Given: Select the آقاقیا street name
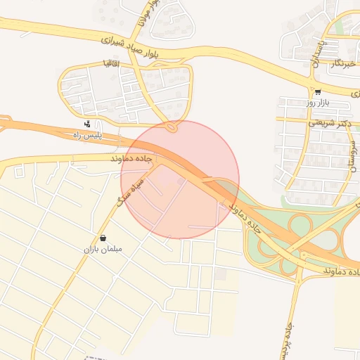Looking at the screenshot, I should click(110, 64).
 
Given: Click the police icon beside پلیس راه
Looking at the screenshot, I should click(86, 124).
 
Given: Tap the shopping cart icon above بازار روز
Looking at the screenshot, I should click(318, 92).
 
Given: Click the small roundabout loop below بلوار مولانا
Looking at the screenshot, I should click(172, 127).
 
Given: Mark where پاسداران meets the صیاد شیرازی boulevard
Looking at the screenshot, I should click(311, 84).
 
